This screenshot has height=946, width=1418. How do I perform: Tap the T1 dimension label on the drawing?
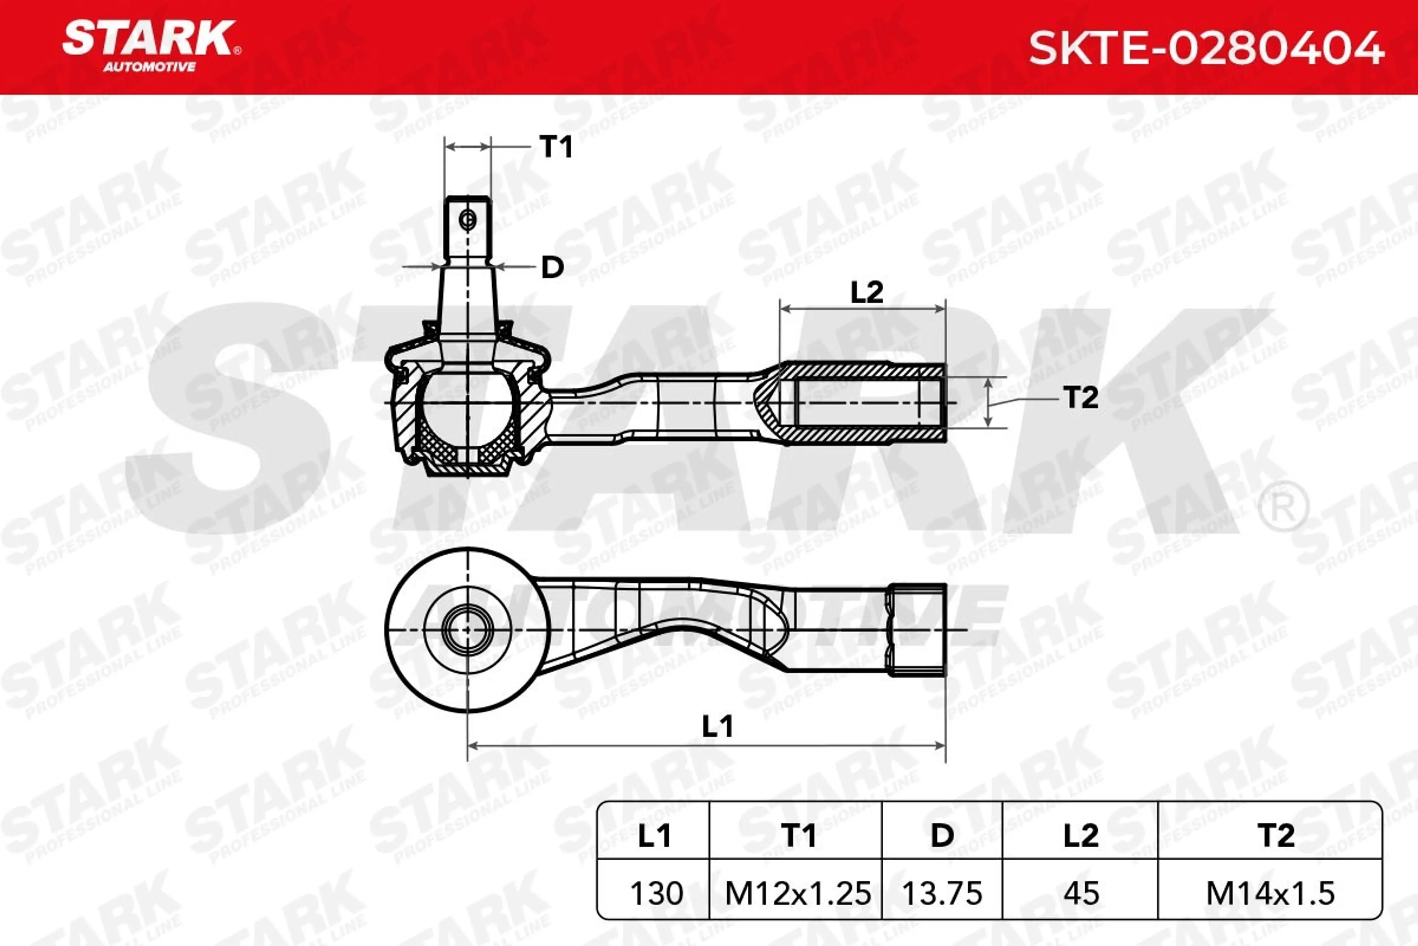pos(556,147)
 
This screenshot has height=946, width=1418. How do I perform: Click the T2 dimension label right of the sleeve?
pos(1081,398)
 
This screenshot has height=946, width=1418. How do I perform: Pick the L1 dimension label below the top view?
pos(717,726)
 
